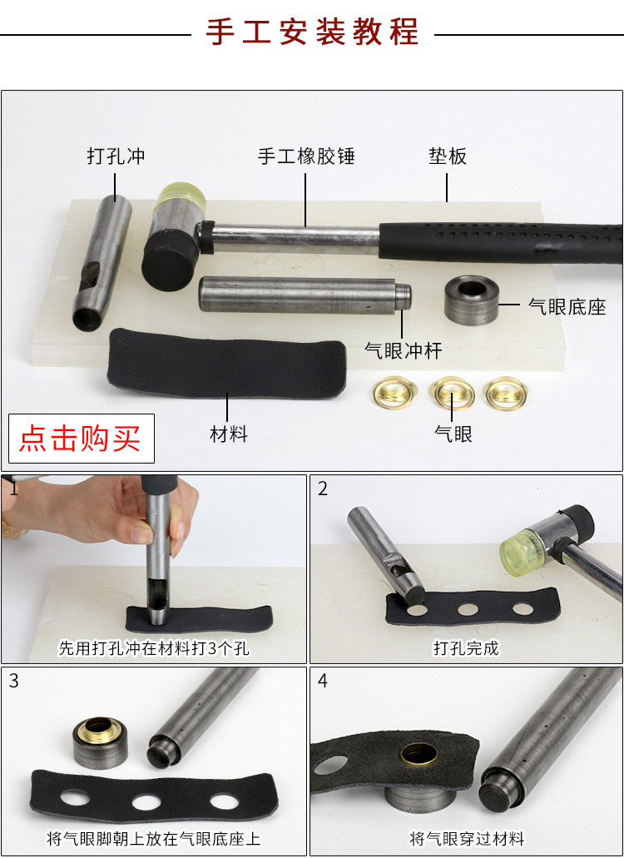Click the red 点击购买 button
pyautogui.click(x=82, y=439)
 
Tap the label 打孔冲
pyautogui.click(x=116, y=156)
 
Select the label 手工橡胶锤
pyautogui.click(x=306, y=156)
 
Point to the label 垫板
pyautogui.click(x=448, y=156)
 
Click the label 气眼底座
pyautogui.click(x=567, y=306)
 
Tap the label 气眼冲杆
pyautogui.click(x=403, y=350)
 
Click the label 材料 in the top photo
pyautogui.click(x=229, y=434)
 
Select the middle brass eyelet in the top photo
pyautogui.click(x=451, y=391)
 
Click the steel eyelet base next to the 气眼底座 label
pyautogui.click(x=471, y=300)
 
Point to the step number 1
pyautogui.click(x=13, y=489)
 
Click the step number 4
pyautogui.click(x=323, y=681)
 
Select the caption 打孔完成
pyautogui.click(x=466, y=648)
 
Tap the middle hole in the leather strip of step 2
pyautogui.click(x=468, y=609)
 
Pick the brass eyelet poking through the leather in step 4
pyautogui.click(x=419, y=755)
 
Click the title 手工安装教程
pyautogui.click(x=312, y=32)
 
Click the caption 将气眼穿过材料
pyautogui.click(x=467, y=838)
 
